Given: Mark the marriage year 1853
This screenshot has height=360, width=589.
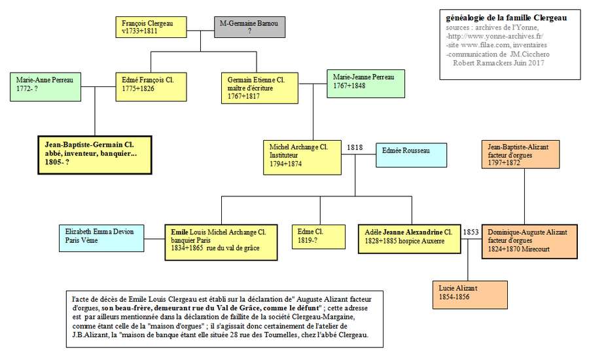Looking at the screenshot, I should (x=471, y=232).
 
